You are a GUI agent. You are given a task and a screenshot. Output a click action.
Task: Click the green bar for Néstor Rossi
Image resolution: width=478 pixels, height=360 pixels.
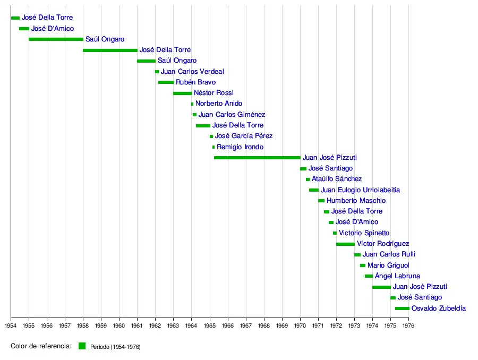(x=182, y=93)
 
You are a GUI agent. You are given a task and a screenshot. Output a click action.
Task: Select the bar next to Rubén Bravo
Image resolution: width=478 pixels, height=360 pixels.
(x=166, y=82)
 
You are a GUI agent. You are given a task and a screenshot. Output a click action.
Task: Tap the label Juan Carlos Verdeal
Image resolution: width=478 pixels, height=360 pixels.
(x=192, y=72)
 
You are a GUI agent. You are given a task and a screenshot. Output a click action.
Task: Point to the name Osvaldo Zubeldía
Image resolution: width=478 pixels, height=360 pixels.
(x=438, y=308)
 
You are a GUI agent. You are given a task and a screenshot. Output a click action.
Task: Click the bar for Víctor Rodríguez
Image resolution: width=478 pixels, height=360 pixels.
(x=345, y=244)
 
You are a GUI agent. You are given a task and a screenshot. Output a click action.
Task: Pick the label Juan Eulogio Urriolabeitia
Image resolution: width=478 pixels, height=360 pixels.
(x=360, y=190)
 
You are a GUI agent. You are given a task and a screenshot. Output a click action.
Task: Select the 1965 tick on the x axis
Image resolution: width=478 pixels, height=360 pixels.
(x=210, y=325)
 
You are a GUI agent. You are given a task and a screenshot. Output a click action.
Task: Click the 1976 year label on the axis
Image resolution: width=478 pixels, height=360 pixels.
(x=408, y=325)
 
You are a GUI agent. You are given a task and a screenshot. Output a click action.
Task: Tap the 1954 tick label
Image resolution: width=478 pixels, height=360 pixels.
(x=11, y=325)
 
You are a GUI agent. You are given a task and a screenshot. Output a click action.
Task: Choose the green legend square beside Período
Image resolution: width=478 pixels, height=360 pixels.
(x=82, y=346)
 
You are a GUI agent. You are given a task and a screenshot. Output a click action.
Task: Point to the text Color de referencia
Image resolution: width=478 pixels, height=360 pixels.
(x=41, y=346)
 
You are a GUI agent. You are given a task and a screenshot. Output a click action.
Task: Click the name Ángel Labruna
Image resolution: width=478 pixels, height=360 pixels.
(x=397, y=276)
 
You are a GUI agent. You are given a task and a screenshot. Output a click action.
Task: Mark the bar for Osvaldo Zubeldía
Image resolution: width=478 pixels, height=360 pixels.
(x=402, y=308)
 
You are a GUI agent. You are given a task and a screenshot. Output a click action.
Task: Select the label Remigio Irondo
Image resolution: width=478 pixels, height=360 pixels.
(x=240, y=147)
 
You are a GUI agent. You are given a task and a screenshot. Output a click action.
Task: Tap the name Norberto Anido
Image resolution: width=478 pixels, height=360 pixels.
(x=218, y=104)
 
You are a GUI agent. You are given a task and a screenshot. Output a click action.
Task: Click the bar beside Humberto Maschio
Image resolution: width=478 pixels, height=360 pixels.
(x=321, y=201)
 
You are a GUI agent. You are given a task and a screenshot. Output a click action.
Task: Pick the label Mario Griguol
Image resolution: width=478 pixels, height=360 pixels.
(x=388, y=265)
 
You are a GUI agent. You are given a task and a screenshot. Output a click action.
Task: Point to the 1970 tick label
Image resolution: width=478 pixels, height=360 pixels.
(x=300, y=325)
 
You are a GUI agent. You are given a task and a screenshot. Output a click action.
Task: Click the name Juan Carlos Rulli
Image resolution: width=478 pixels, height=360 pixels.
(x=385, y=254)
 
